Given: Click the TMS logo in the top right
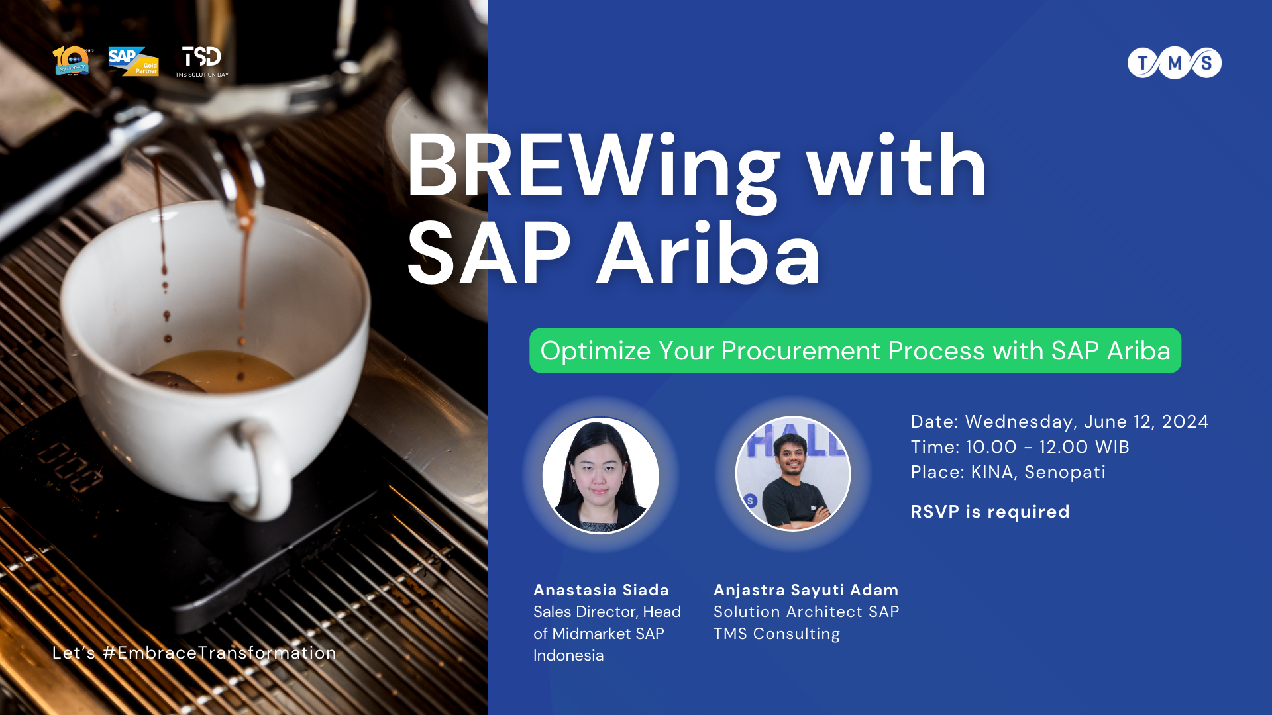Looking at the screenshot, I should click(x=1174, y=63).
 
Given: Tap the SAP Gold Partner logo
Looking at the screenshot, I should click(x=133, y=62).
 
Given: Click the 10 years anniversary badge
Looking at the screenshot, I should click(x=72, y=61).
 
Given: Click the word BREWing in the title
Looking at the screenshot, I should click(x=593, y=167).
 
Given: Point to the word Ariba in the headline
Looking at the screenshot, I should click(x=709, y=255).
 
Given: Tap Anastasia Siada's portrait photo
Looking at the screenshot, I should click(x=600, y=475).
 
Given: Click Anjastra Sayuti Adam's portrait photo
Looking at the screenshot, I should click(x=793, y=474).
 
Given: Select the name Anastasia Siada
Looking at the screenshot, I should click(x=601, y=590).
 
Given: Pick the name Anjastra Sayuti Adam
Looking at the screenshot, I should click(x=806, y=590).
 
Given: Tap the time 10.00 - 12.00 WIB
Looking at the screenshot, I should click(x=1047, y=447).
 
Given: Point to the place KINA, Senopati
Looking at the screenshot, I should click(x=1037, y=472).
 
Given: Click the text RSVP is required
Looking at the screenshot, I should click(x=990, y=512).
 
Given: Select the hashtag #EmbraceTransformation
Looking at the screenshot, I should click(x=219, y=653).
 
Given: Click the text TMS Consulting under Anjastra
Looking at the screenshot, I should click(x=776, y=634).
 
